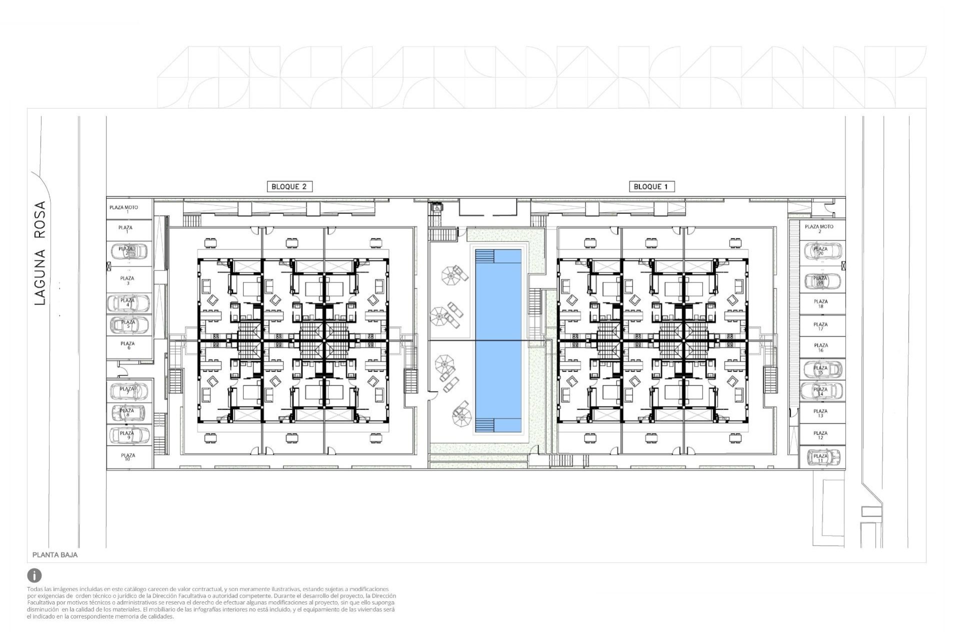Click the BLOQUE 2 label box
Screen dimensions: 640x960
(x=289, y=186)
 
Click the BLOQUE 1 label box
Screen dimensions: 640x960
(x=650, y=186)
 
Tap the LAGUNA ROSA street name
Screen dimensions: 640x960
(x=40, y=253)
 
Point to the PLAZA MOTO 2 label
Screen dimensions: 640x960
(x=819, y=228)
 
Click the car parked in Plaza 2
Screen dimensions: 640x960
(x=128, y=250)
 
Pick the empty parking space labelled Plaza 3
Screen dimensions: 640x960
(x=128, y=280)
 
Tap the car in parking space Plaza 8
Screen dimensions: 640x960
(x=127, y=413)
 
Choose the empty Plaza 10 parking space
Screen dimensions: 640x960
(x=128, y=457)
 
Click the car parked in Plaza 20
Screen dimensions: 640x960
(x=820, y=251)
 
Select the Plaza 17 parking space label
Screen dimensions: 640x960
(x=820, y=326)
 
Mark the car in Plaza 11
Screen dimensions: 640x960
(x=820, y=457)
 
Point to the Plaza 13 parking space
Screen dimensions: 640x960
(x=820, y=413)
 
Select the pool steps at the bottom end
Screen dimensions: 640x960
(x=484, y=425)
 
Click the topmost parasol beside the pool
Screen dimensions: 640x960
(x=449, y=275)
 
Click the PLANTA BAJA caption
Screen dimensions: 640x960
(x=55, y=554)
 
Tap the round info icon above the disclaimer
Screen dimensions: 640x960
(x=34, y=575)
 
